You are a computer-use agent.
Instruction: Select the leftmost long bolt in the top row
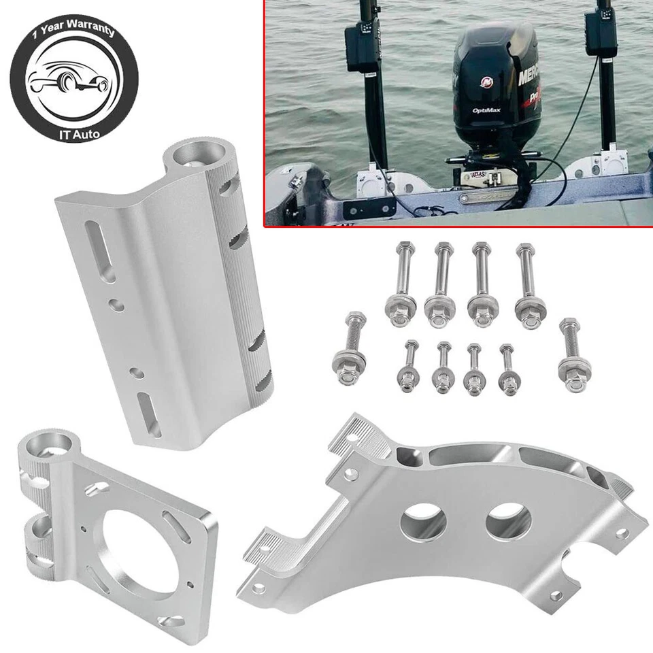pos(400,285)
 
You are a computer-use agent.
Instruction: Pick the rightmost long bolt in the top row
pos(528,286)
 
